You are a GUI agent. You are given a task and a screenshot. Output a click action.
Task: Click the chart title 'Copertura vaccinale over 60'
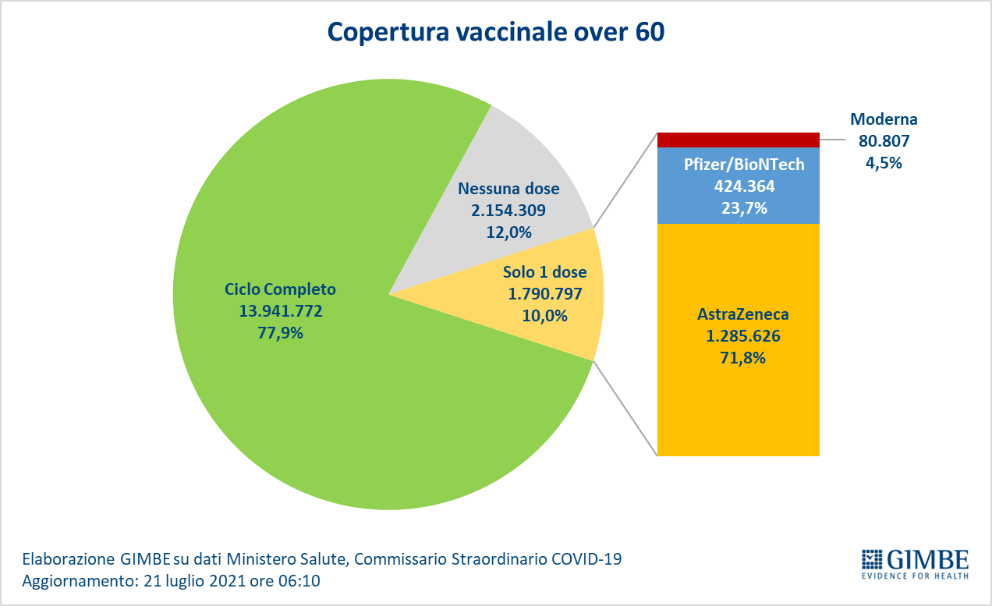coord(495,32)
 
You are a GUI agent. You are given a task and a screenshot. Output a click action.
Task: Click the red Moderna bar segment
coord(738,140)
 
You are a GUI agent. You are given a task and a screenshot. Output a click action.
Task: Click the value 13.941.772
coord(281,311)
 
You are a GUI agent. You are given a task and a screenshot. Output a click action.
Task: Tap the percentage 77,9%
coord(281,333)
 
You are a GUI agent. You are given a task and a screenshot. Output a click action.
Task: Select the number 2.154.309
coord(508,211)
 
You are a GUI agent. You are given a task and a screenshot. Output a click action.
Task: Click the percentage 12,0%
coord(508,232)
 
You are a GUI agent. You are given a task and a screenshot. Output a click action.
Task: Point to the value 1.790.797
coord(545,295)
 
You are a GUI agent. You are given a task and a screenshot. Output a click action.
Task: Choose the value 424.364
coord(738,187)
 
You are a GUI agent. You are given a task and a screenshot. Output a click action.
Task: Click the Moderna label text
coord(884,120)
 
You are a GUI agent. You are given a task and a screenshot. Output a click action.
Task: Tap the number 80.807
coord(884,142)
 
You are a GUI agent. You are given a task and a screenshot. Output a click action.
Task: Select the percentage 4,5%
coord(884,163)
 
